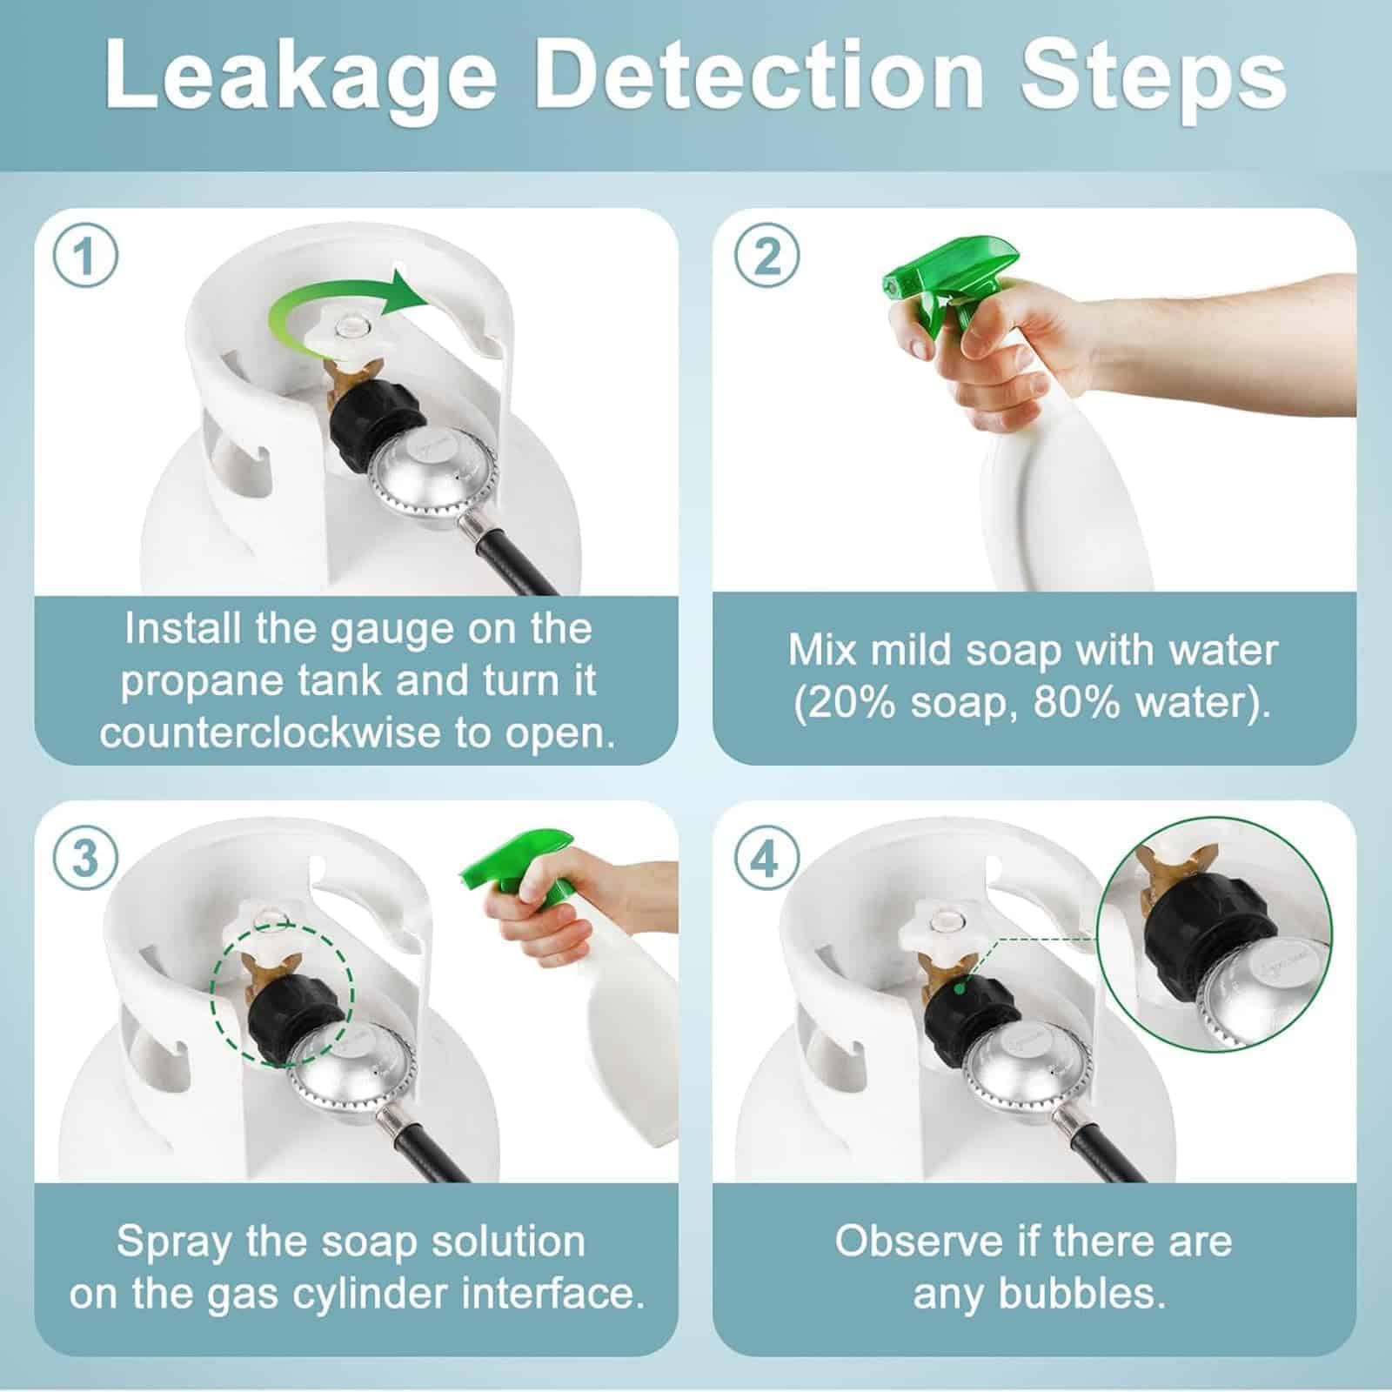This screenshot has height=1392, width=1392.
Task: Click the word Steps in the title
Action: (1154, 78)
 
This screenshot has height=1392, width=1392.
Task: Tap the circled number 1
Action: (84, 258)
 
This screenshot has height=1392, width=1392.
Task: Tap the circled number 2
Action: (766, 258)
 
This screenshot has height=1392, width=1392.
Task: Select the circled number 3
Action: (84, 860)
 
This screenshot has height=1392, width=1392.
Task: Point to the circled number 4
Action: (766, 860)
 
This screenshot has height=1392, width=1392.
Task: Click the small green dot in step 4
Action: (959, 988)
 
